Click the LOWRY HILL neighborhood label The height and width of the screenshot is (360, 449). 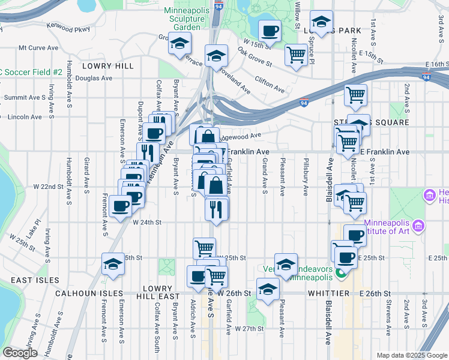coord(108,65)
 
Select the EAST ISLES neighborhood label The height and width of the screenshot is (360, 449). coord(34,280)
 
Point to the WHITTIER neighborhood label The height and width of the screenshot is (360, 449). coord(324,293)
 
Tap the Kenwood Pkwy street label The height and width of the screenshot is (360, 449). coord(71,29)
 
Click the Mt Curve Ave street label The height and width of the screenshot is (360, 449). coord(38,47)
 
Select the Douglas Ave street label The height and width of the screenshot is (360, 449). coord(94,78)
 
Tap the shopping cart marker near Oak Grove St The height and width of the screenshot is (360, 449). coord(296,55)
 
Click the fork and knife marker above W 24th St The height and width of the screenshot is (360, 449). coord(214,208)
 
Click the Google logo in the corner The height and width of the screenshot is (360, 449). coord(20,353)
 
